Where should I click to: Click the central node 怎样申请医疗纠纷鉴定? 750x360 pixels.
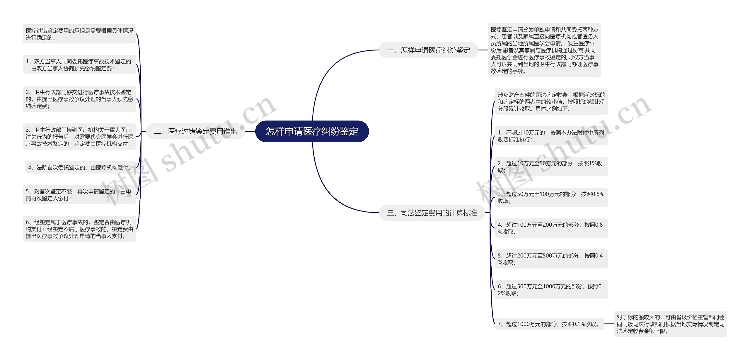coord(312,131)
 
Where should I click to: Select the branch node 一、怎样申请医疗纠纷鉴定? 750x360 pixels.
coord(429,50)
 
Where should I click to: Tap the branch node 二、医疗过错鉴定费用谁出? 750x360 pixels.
coord(195,131)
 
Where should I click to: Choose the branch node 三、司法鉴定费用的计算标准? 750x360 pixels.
coord(432,213)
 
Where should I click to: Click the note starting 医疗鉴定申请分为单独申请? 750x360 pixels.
coord(545,50)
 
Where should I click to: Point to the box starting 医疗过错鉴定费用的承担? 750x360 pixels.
coord(79,34)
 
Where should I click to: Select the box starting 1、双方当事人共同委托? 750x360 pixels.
coord(79,65)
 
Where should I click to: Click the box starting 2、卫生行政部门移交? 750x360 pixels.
coord(79,99)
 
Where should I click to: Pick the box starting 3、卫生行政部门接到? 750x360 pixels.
coord(79,137)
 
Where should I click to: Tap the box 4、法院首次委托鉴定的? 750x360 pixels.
coord(81,167)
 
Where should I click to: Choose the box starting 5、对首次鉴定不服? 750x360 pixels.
coord(79,195)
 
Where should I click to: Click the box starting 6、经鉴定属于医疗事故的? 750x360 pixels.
coord(79,229)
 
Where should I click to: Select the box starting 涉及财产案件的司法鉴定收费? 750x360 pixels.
coord(551,102)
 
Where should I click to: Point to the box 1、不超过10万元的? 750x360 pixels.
coord(551,136)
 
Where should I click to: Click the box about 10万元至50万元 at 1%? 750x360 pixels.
coord(551,167)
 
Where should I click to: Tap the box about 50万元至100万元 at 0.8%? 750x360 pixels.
coord(551,198)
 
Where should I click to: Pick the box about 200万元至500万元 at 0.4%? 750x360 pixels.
coord(551,259)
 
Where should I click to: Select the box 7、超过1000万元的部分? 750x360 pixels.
coord(549,324)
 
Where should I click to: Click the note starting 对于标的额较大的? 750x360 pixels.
coord(670,324)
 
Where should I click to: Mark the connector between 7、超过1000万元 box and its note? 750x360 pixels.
coord(609,324)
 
